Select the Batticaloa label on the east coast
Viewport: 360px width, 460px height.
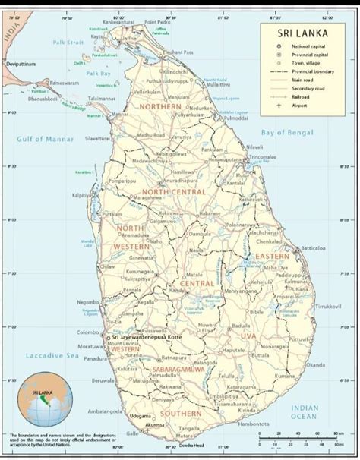coord(312,248)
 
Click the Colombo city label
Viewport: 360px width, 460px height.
coord(89,332)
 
